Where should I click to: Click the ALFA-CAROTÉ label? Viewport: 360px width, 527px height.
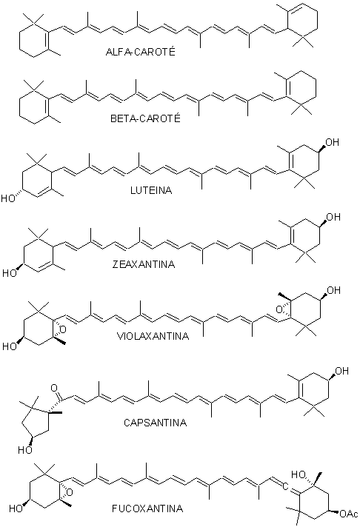pos(140,51)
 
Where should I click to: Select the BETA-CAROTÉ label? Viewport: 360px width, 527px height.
pos(145,118)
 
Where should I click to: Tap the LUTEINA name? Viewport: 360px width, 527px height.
pos(151,190)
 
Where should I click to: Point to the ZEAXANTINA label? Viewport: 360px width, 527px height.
pos(144,264)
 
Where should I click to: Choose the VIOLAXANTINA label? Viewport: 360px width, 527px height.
pos(153,336)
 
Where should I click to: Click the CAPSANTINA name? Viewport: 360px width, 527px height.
pos(155,422)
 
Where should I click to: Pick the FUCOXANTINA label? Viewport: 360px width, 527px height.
pos(147,508)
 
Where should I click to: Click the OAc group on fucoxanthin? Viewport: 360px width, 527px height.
pos(349,514)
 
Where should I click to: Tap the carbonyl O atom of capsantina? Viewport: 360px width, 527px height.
pos(54,388)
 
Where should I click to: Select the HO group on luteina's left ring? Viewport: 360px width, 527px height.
pos(8,198)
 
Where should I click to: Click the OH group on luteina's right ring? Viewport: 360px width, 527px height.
pos(332,142)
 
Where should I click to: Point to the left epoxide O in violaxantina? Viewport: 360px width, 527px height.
pos(62,330)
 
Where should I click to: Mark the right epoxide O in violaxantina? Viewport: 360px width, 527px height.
pos(279,309)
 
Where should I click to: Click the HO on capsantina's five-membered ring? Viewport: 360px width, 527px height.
pos(25,450)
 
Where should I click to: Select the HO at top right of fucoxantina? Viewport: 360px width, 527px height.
pos(299,474)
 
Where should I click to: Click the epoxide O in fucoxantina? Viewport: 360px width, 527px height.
pos(70,493)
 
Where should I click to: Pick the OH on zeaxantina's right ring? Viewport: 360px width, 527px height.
pos(333,217)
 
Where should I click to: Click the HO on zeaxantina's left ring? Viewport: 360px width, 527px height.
pos(10,273)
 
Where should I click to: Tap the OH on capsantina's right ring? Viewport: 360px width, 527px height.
pos(341,371)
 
